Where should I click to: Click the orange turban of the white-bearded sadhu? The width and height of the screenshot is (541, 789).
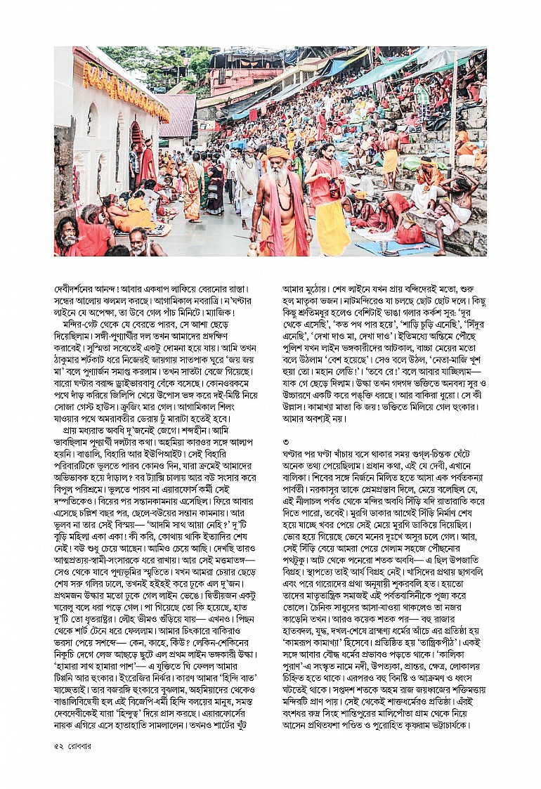click(x=278, y=152)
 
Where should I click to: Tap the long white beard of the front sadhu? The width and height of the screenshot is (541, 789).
click(x=280, y=187)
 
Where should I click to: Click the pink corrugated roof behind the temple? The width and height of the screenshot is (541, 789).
click(x=177, y=115)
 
